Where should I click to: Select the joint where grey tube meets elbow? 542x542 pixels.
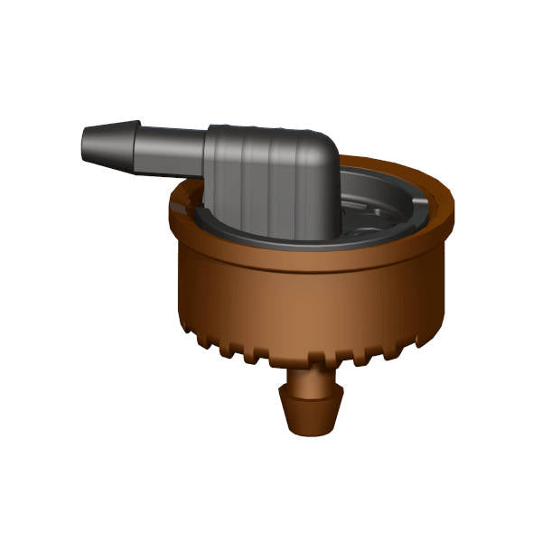coord(207,154)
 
